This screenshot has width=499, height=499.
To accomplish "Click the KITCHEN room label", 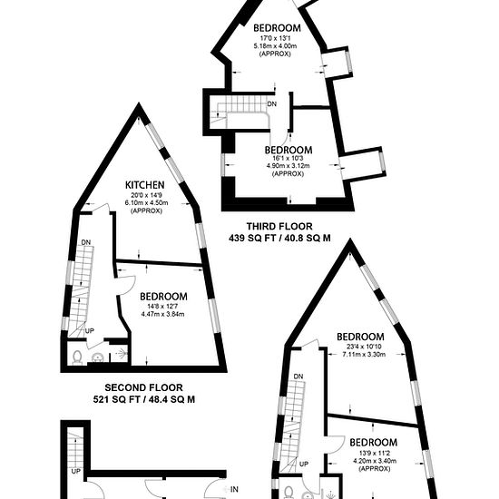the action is (x=145, y=185).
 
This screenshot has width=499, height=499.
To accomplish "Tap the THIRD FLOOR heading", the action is (x=279, y=227).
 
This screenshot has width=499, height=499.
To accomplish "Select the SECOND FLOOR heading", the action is (x=144, y=387).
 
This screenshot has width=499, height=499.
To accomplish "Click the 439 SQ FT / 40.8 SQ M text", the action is (x=279, y=238).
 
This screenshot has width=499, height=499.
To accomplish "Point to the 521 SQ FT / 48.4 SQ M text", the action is (x=144, y=399).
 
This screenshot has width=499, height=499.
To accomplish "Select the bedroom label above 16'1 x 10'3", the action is (x=289, y=150).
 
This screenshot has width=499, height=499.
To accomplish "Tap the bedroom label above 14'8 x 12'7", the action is (x=163, y=297).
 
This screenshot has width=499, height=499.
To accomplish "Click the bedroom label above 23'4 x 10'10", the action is (x=360, y=337).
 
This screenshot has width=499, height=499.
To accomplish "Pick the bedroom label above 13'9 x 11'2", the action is (x=374, y=443).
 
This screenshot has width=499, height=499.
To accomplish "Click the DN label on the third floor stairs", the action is (x=272, y=104).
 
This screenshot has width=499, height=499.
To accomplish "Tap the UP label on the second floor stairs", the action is (x=90, y=331).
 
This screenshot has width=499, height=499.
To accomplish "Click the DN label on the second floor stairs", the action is (x=86, y=242).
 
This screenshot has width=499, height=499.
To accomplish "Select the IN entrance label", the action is (x=234, y=489).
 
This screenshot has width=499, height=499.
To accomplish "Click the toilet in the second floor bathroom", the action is (x=77, y=357).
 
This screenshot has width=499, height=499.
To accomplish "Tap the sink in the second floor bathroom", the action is (x=98, y=357).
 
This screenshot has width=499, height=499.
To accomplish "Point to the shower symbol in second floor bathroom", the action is (x=122, y=353).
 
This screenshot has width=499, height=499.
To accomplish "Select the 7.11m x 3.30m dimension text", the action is (x=364, y=354).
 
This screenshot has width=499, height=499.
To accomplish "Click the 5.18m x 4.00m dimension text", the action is (x=275, y=46).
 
